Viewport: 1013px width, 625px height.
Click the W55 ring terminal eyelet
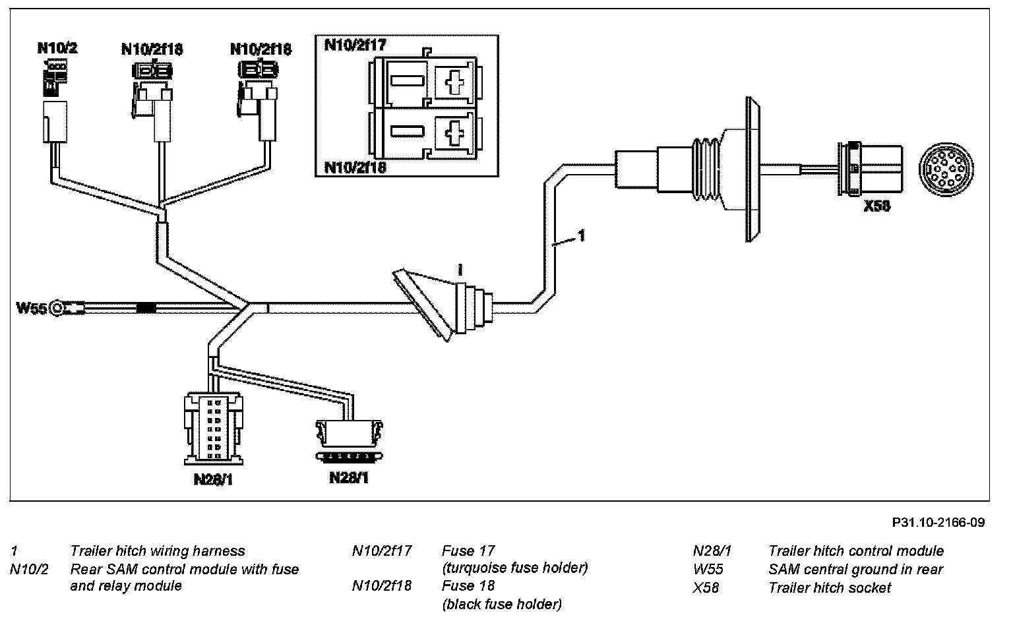point(57,309)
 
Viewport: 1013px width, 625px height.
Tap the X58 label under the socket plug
point(877,206)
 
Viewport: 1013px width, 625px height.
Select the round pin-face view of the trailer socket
point(946,171)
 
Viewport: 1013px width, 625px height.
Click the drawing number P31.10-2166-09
point(938,522)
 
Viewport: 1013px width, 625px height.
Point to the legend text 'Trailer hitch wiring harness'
point(158,551)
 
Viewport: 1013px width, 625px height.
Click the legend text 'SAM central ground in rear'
point(855,569)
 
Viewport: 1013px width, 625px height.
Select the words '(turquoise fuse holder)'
point(514,568)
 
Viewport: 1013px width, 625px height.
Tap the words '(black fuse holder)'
point(502,604)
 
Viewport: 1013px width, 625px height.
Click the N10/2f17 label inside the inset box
point(355,45)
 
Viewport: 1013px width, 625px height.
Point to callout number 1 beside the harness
point(582,235)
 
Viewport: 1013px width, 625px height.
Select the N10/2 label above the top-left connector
point(57,48)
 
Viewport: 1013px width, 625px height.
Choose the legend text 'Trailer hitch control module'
point(856,551)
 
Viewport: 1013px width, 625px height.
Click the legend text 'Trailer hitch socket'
point(830,587)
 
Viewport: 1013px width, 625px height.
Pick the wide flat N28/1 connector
point(349,440)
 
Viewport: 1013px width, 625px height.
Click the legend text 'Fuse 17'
point(468,551)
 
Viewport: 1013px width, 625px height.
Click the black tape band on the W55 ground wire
point(146,309)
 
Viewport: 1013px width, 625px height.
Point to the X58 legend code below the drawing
point(706,587)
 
